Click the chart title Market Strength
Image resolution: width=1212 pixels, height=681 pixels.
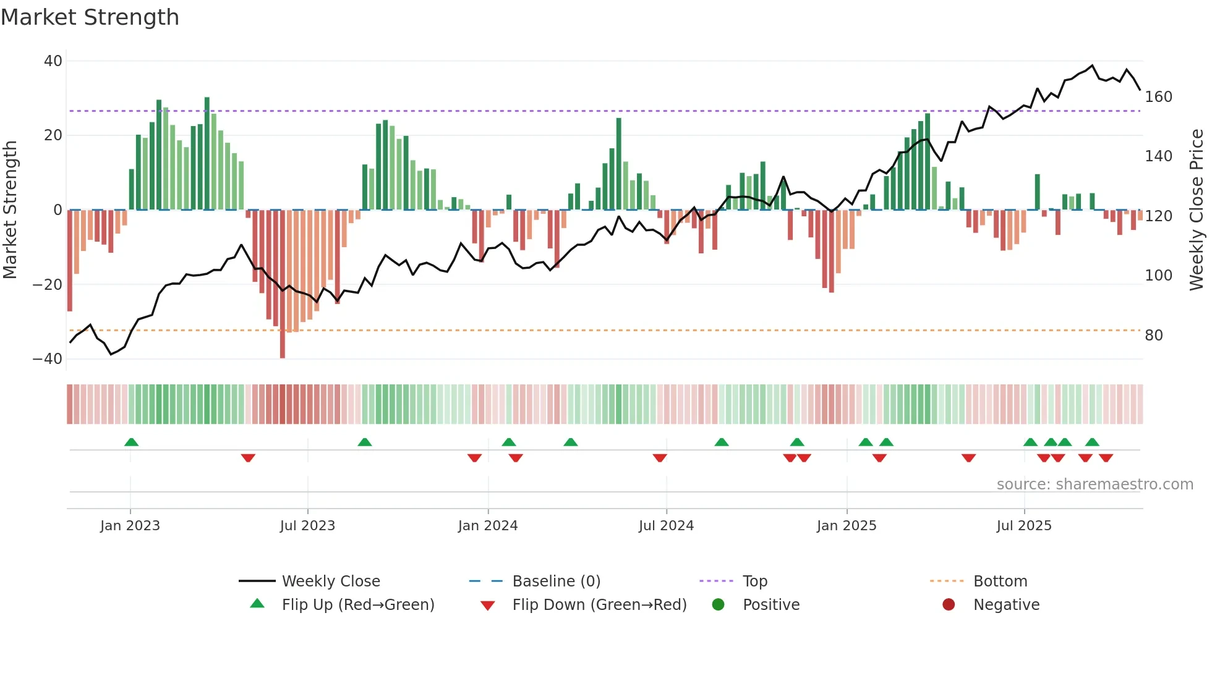(90, 17)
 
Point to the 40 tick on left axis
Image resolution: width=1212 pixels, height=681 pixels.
(53, 61)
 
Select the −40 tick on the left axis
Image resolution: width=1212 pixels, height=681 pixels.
(48, 359)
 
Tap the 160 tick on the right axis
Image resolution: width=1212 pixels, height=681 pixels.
(1158, 97)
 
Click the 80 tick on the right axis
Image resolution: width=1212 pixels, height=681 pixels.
(1154, 336)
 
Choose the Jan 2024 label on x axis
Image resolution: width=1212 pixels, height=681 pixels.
(488, 526)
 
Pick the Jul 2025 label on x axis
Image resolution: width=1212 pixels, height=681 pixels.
(1024, 526)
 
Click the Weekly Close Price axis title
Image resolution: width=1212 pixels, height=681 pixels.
(1197, 210)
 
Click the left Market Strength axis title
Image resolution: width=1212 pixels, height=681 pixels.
(10, 210)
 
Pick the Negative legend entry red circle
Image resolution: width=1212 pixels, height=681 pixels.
(949, 604)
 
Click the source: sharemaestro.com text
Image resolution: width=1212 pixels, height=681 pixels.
(1095, 484)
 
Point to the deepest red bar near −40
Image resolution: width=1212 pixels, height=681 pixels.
(283, 284)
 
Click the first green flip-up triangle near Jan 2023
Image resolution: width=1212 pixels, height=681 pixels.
(131, 442)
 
